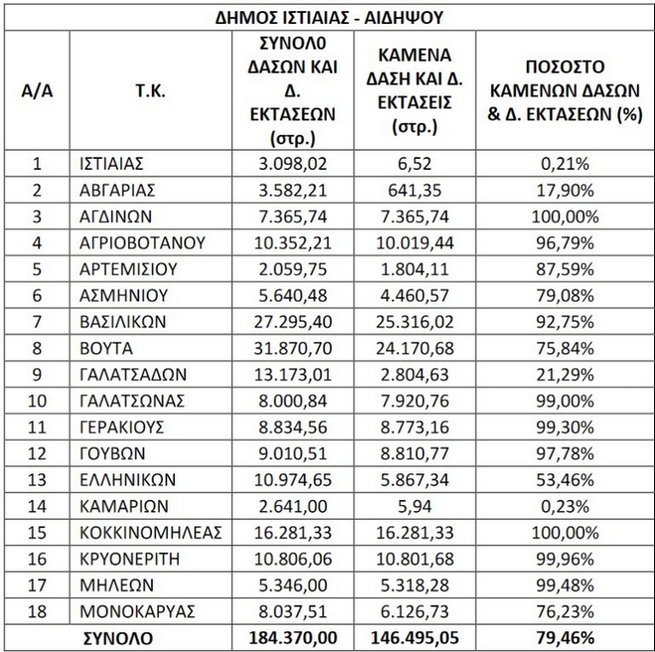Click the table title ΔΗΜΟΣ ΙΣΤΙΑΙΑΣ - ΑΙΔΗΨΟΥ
coord(328,17)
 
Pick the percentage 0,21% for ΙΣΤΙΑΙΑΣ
coord(564,164)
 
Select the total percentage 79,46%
coord(564,638)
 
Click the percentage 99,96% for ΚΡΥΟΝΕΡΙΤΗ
coord(564,559)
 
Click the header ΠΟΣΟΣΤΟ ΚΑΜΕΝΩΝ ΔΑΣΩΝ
coord(564,90)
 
